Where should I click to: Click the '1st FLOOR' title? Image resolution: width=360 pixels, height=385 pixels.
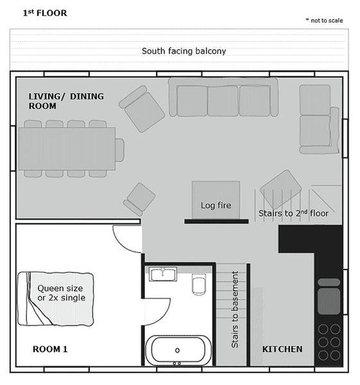45,13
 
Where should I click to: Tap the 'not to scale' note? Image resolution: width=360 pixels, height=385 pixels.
324,21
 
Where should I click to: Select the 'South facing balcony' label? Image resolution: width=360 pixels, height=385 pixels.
184,51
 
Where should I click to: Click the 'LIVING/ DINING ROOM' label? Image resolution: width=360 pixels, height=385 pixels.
66,101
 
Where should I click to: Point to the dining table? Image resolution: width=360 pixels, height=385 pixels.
67,149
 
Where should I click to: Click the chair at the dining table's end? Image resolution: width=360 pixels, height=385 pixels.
119,150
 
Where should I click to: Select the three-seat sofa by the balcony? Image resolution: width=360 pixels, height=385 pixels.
223,98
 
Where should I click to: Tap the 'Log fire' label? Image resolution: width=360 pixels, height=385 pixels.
216,205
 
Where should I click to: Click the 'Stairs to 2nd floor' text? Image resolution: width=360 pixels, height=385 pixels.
293,213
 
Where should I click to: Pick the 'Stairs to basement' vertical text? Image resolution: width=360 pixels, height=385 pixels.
235,310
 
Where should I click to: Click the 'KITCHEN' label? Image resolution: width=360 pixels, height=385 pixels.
282,349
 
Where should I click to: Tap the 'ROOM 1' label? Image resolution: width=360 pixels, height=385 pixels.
50,349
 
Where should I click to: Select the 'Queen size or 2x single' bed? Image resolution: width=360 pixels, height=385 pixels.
55,299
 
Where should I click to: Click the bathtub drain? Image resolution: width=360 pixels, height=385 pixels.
177,350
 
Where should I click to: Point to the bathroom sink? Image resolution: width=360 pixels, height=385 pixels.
163,274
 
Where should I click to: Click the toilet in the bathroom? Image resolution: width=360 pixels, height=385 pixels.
198,284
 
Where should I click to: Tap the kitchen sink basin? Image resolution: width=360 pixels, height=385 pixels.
329,302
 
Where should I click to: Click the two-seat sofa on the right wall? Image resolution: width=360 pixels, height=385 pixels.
319,119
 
